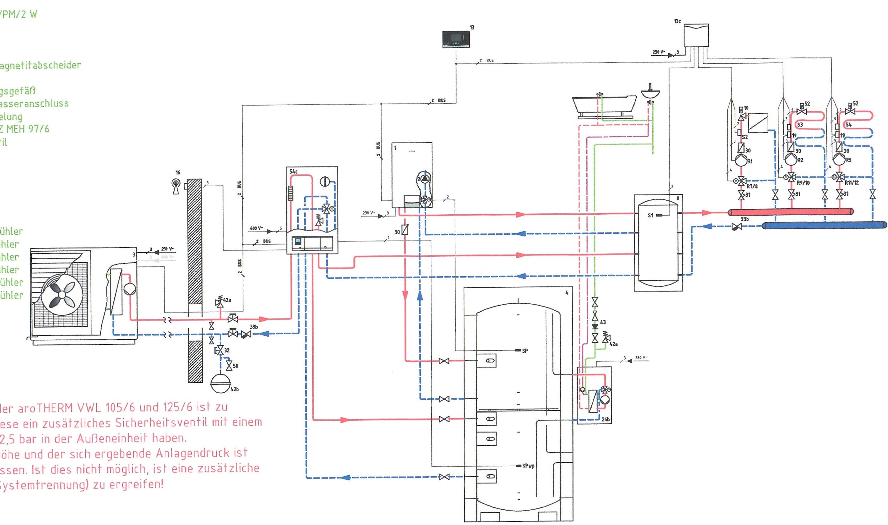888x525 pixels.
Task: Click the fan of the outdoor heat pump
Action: click(x=62, y=294)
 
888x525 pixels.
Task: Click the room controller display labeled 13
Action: click(x=456, y=39)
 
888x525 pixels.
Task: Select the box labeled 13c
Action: click(x=695, y=35)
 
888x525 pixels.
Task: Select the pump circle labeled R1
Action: click(x=741, y=160)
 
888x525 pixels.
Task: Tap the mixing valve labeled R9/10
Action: click(x=791, y=176)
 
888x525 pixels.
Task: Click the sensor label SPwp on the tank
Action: click(x=528, y=466)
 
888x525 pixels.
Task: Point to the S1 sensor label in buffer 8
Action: click(x=650, y=215)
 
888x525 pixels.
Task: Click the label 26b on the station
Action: click(x=605, y=419)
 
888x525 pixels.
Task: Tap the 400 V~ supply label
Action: click(x=256, y=228)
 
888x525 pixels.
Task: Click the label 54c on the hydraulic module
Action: click(x=293, y=172)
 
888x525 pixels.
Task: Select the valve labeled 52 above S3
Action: click(x=801, y=111)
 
